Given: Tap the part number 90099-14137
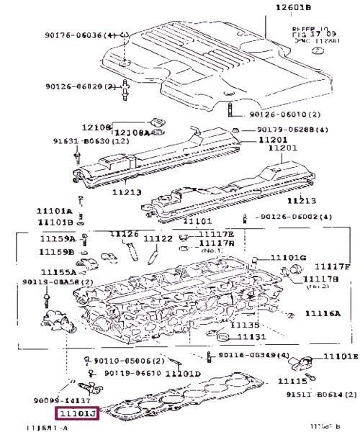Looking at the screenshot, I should tap(70, 400).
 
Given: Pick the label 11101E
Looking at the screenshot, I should tap(341, 356).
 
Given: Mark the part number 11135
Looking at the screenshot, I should tap(242, 325).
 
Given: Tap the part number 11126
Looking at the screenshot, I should tap(123, 234).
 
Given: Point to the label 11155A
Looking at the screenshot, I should tap(58, 272).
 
